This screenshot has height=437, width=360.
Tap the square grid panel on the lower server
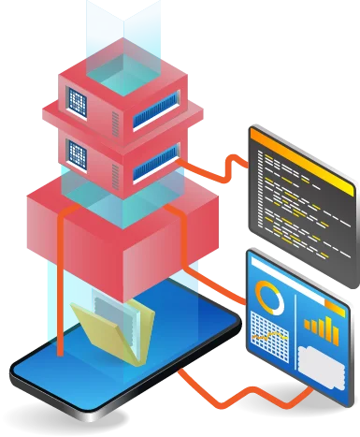[77, 147]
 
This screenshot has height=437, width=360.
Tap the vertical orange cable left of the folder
[60, 309]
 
